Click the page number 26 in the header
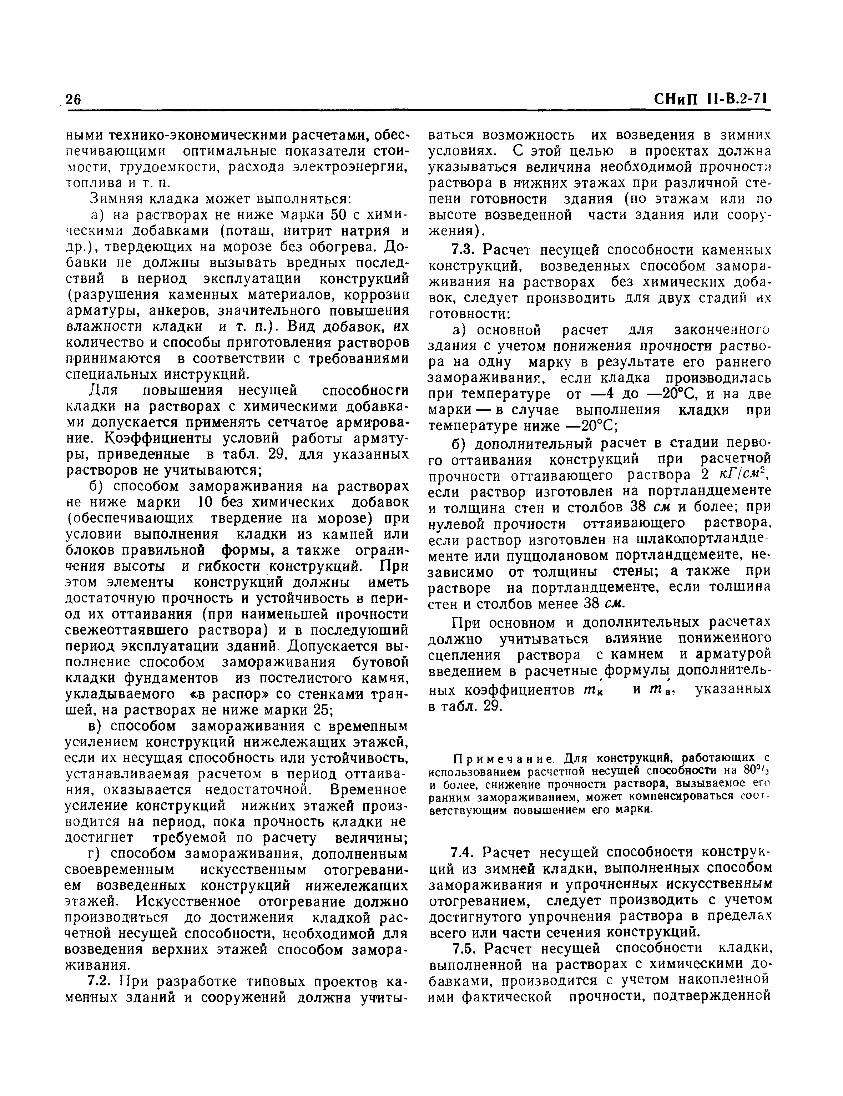click(x=73, y=99)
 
